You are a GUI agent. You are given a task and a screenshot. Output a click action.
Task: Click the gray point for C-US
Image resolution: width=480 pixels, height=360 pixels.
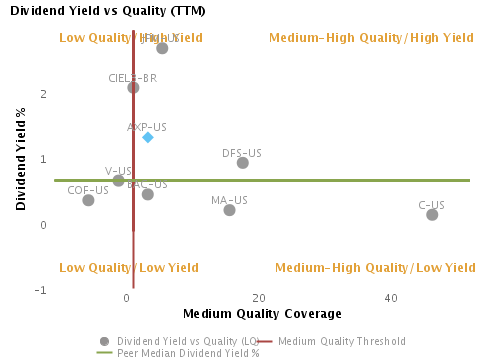432,214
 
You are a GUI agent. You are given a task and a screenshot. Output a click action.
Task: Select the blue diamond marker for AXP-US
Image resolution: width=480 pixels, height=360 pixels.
148,137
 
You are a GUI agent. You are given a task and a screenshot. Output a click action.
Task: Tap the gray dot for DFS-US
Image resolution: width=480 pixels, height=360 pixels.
243,163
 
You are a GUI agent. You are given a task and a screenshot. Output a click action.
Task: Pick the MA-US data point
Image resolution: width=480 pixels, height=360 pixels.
230,210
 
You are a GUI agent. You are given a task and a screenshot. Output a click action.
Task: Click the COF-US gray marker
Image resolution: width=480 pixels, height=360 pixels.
88,200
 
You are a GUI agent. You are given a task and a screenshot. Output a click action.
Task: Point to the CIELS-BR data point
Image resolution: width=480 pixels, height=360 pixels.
133,87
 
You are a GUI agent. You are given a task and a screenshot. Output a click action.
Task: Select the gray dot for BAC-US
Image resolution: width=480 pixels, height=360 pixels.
148,194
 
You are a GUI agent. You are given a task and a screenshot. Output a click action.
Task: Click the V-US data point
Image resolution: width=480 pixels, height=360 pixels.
118,181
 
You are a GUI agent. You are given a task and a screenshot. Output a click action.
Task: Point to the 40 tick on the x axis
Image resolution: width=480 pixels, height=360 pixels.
391,299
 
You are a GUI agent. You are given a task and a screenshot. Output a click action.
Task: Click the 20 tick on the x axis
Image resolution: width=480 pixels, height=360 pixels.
259,299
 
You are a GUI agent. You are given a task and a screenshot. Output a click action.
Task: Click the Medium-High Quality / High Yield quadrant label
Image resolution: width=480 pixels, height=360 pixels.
371,38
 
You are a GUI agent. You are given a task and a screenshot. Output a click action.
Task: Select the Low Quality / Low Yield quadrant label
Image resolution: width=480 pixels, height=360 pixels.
129,268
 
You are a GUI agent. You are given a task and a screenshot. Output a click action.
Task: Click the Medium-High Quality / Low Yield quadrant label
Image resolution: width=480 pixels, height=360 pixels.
375,268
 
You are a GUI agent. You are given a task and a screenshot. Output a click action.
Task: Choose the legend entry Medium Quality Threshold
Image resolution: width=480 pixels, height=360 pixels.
342,340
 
